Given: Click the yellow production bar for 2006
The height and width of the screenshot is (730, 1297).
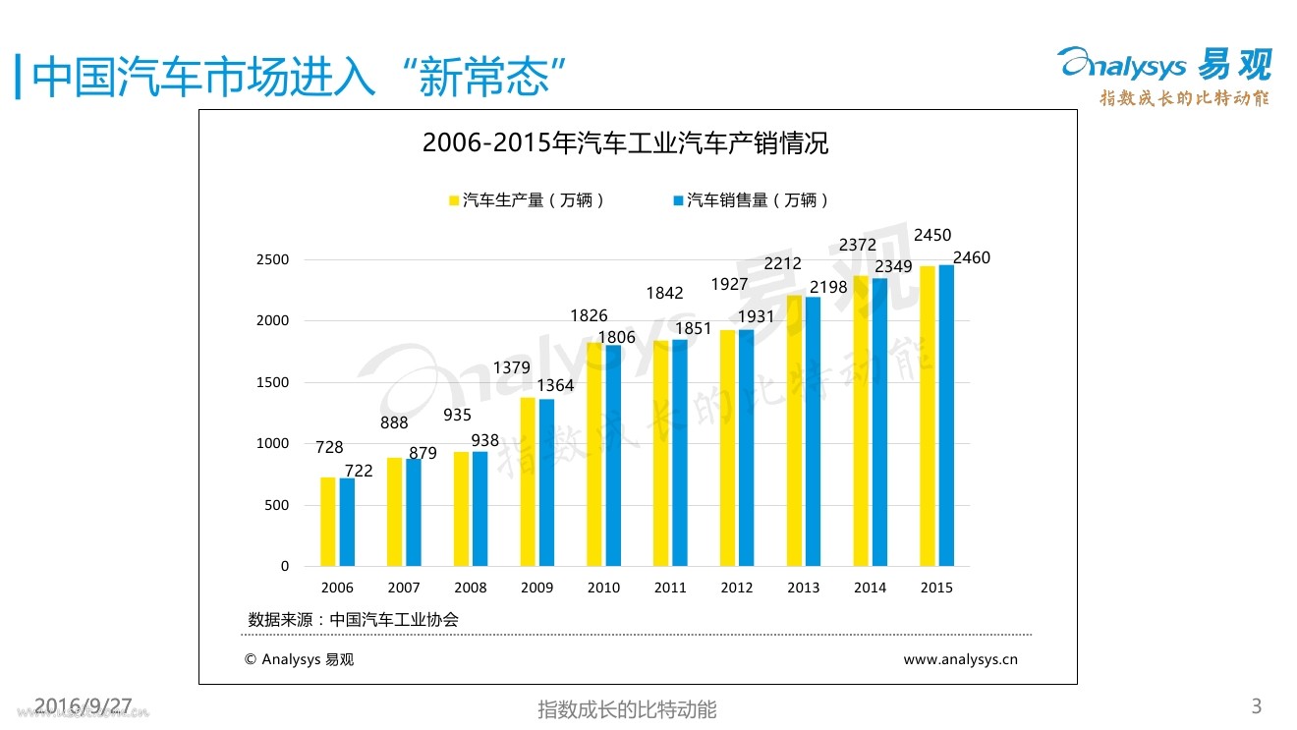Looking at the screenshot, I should pos(327,522).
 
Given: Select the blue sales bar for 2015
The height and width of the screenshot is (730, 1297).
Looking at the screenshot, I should pos(946,416).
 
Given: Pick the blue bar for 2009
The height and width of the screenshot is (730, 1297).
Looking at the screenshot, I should pos(546,482).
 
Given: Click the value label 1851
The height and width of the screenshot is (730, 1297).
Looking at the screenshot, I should pos(693,329).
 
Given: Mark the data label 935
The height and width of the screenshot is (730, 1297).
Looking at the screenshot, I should pos(457,416).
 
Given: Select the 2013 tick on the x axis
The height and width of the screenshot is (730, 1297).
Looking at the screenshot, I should pos(803,588).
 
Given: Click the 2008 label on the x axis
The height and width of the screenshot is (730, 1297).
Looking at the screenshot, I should pos(470,588).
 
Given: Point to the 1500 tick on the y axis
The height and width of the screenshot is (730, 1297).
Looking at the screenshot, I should pos(274,382).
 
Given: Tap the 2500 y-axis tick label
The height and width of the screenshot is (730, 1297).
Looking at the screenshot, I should pos(274,260).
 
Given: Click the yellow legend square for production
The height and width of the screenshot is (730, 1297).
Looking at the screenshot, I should pos(454,200).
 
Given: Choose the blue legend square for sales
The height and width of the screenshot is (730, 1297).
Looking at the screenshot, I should pos(678,200).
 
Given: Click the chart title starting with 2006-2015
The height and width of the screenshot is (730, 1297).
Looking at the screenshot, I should pos(625,143).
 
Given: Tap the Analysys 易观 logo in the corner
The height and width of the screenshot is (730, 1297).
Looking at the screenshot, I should pos(1164,65).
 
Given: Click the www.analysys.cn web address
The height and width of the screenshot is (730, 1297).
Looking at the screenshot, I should pos(960,660).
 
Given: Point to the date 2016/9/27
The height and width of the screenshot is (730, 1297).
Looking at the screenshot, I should pos(83,705).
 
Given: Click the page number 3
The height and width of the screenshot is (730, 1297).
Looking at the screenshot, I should pos(1256,705).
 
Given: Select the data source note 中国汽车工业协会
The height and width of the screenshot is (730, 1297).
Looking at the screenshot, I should pos(354,620).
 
